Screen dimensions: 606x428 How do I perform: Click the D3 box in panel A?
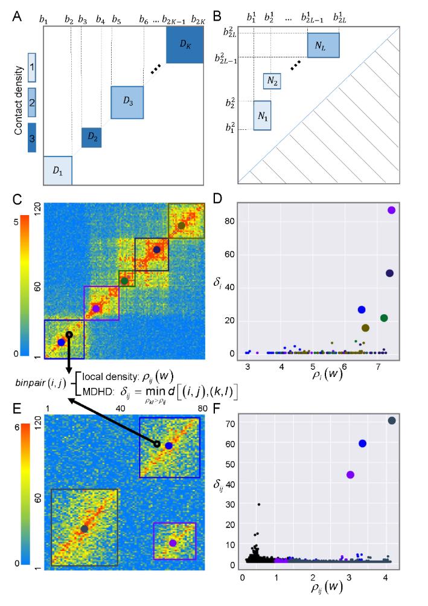[127, 102]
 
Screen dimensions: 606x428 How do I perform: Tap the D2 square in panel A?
[91, 138]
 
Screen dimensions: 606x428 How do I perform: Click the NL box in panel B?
[323, 45]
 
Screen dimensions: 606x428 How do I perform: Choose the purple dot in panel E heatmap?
[173, 543]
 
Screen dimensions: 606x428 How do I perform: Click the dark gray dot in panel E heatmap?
[85, 529]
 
